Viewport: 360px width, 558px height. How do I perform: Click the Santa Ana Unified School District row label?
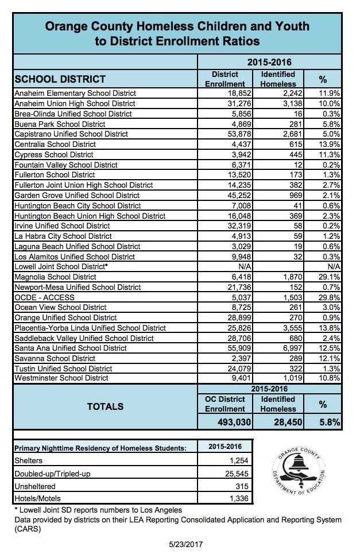pos(70,348)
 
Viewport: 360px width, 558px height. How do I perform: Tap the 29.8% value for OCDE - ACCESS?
pos(330,297)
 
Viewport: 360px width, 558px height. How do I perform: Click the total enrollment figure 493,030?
pos(226,422)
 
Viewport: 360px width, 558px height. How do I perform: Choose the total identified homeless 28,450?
pos(278,422)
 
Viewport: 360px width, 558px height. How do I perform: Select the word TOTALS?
pos(105,406)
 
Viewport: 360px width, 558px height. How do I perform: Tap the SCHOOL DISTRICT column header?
pos(60,79)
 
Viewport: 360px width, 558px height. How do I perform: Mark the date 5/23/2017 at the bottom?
pos(180,544)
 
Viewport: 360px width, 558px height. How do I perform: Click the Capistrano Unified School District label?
pos(71,134)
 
